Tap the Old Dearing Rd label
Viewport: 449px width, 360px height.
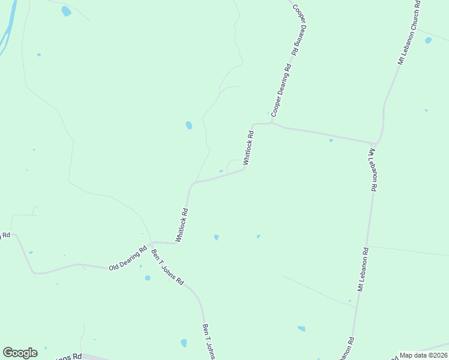click(x=128, y=259)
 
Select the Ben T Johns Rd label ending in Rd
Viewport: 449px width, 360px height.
click(x=167, y=266)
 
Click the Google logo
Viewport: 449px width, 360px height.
click(x=20, y=353)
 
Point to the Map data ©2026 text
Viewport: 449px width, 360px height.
click(x=423, y=355)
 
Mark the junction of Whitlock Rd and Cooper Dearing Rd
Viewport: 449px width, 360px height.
click(x=272, y=123)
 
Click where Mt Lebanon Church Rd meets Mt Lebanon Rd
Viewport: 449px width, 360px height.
click(x=376, y=143)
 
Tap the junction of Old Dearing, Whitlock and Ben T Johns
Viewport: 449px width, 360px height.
click(x=151, y=243)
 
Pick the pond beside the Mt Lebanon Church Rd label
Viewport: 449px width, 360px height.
click(x=428, y=41)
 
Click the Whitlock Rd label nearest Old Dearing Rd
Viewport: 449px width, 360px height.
click(x=182, y=225)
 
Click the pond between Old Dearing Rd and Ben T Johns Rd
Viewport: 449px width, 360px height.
click(x=148, y=278)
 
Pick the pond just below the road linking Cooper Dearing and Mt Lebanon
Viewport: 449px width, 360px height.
click(x=331, y=140)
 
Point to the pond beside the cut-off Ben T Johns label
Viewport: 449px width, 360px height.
click(x=184, y=343)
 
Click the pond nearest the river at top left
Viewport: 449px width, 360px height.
click(x=66, y=11)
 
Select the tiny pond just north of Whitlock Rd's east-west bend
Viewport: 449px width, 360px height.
click(x=221, y=172)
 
